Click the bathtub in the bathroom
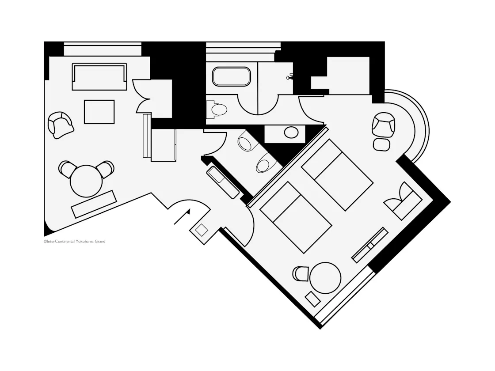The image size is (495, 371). click(232, 76)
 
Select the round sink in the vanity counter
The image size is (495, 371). click(291, 132)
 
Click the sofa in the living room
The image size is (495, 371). click(99, 77)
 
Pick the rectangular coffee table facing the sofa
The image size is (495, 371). click(99, 112)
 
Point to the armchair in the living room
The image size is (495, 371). click(61, 125)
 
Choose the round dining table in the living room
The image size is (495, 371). click(86, 181)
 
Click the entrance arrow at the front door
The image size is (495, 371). click(182, 216)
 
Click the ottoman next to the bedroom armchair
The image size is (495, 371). click(382, 144)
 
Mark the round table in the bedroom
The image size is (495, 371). click(325, 278)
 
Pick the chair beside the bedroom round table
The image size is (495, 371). click(300, 273)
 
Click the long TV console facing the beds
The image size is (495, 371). click(370, 245)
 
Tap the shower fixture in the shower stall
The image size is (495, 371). click(289, 77)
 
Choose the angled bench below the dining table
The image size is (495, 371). click(94, 204)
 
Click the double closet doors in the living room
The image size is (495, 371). click(141, 96)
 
